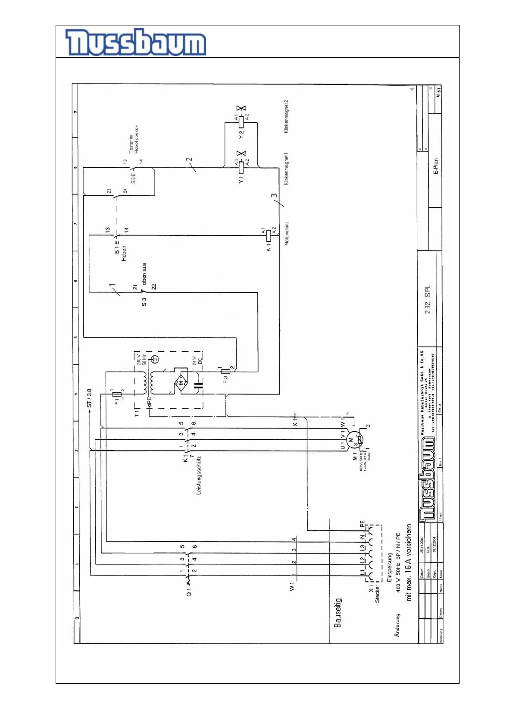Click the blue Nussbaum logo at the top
135,42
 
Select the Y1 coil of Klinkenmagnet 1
241,167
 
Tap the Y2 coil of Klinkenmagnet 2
241,122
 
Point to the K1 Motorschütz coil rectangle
269,235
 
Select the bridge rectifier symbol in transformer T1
181,382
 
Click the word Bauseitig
338,612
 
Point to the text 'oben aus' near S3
144,273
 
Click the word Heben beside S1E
124,253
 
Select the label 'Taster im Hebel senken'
134,139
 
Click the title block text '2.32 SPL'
427,299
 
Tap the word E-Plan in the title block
435,166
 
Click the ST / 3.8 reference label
89,398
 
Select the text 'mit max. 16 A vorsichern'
408,562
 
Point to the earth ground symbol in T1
156,359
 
